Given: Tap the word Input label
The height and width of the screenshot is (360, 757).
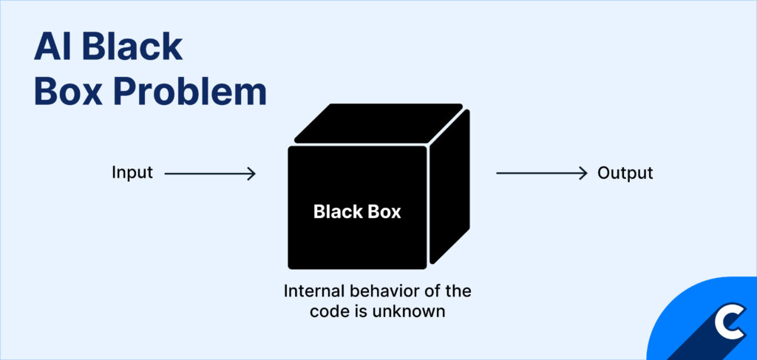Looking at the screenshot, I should [132, 173].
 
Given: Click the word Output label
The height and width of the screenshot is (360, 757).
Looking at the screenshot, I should [625, 173].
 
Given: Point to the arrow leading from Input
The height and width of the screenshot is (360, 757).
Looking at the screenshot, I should [209, 174].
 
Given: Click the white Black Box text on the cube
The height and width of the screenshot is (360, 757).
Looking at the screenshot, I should [357, 212].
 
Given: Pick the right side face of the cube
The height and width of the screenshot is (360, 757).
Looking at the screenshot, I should [449, 189].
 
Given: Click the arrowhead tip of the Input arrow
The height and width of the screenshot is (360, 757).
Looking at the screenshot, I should [254, 174].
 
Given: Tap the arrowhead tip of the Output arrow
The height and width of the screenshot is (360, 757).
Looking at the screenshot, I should [586, 174].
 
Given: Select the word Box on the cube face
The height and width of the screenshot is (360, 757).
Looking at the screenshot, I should [384, 212].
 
